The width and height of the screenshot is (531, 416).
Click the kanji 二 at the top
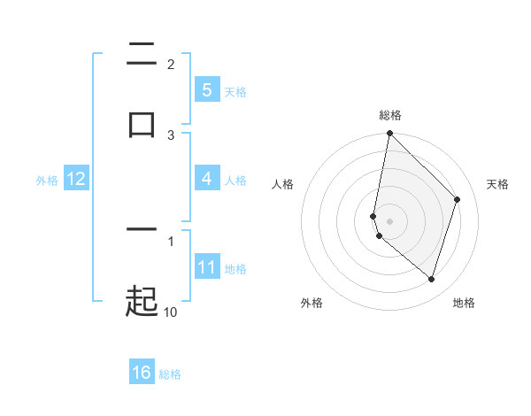142,55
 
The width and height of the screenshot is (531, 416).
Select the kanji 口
142,124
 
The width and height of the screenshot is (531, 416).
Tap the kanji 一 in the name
142,230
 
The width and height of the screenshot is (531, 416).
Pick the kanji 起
142,301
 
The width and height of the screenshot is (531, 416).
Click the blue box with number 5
206,90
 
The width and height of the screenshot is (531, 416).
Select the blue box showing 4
206,179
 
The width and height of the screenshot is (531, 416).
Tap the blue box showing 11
206,267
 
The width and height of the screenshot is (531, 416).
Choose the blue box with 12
75,179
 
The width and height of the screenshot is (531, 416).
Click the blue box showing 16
142,373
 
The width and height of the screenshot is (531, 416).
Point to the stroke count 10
171,312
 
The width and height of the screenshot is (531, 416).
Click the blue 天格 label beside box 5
235,91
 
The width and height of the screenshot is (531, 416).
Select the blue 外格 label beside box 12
47,180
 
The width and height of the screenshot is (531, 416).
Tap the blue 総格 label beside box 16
170,374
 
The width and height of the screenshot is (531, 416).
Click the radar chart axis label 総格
390,115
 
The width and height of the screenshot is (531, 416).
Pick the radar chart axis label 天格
498,184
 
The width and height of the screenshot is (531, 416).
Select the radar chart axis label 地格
464,303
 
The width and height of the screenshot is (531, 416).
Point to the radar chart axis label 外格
312,303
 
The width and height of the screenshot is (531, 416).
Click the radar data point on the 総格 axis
389,133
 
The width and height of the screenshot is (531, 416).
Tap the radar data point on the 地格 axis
431,279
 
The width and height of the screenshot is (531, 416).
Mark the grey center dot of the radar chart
389,220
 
